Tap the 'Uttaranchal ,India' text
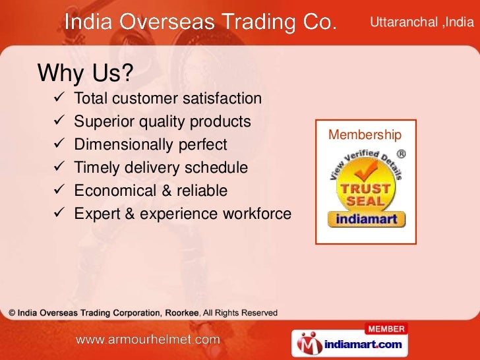coord(422,24)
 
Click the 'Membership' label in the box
coord(365,135)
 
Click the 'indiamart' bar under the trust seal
coord(367,218)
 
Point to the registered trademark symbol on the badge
coord(400,155)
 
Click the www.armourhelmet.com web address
coord(148,340)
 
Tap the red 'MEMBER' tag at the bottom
coord(386,328)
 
